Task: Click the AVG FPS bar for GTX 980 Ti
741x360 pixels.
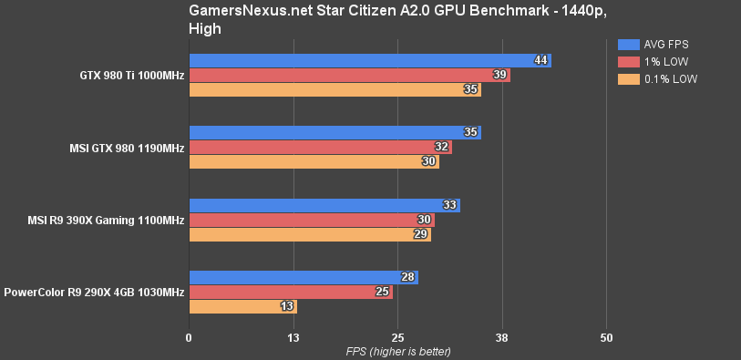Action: pyautogui.click(x=369, y=60)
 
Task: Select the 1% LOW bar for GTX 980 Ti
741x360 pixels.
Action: pyautogui.click(x=348, y=75)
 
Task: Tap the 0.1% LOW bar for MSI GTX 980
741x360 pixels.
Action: pyautogui.click(x=313, y=161)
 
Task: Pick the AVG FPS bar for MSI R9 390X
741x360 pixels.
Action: pyautogui.click(x=324, y=205)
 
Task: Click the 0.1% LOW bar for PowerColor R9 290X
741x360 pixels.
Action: pyautogui.click(x=242, y=306)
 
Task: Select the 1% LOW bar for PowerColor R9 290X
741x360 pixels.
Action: pyautogui.click(x=290, y=292)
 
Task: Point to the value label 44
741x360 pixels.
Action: pyautogui.click(x=541, y=60)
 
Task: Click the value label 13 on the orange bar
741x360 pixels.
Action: pyautogui.click(x=288, y=306)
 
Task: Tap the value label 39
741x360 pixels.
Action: pyautogui.click(x=500, y=75)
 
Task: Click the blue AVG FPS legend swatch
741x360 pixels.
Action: pyautogui.click(x=628, y=45)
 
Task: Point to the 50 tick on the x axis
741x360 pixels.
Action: pyautogui.click(x=606, y=337)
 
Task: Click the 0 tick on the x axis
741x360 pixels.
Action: pyautogui.click(x=189, y=337)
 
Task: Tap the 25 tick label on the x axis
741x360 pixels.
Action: pyautogui.click(x=397, y=337)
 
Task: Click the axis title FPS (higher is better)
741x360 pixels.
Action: pyautogui.click(x=397, y=351)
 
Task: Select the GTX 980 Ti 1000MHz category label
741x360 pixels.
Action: pyautogui.click(x=131, y=75)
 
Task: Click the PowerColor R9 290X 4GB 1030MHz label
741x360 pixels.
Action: pyautogui.click(x=94, y=292)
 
